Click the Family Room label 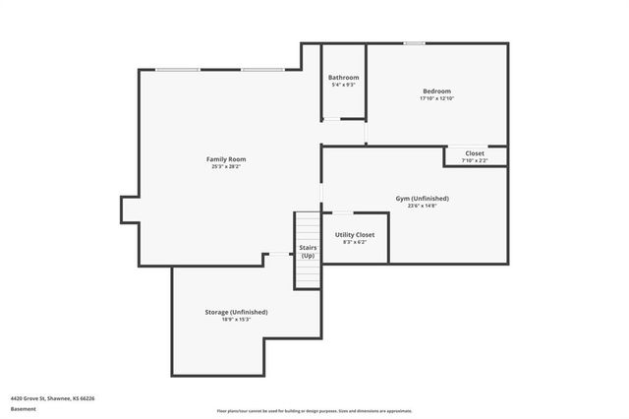[225, 159]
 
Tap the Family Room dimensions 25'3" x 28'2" [225, 167]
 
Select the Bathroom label [343, 78]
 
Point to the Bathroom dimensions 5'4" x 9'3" [343, 86]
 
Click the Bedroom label [436, 90]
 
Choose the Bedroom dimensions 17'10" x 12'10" [436, 98]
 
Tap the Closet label [475, 153]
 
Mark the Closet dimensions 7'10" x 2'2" [475, 161]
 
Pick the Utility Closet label [355, 234]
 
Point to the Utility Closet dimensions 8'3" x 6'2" [355, 242]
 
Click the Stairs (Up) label [308, 251]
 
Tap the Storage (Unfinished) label [236, 312]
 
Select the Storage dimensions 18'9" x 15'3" [236, 320]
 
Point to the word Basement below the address [21, 409]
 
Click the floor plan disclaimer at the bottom [314, 411]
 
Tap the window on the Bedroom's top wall [414, 43]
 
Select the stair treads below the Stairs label [308, 275]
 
